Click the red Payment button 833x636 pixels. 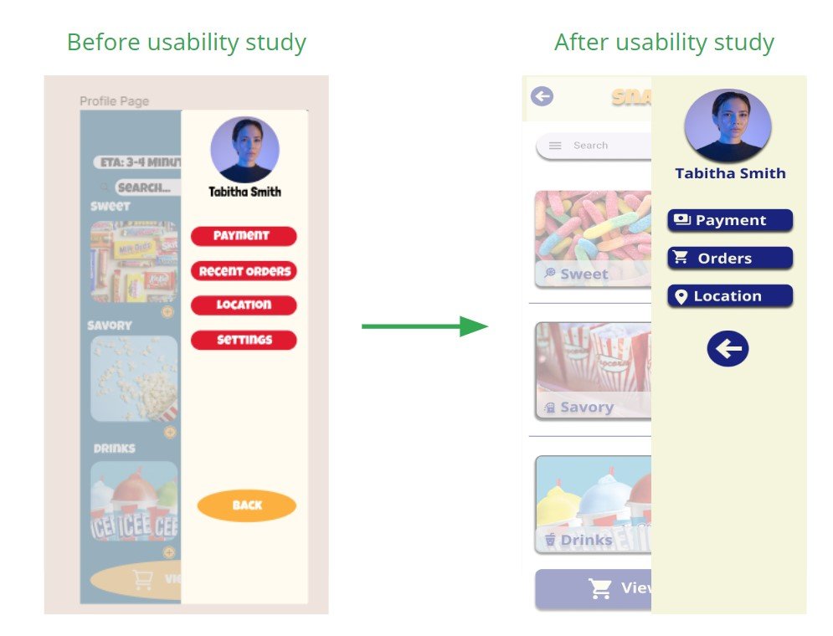pyautogui.click(x=243, y=236)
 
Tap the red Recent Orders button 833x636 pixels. pyautogui.click(x=244, y=271)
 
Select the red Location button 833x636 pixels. pyautogui.click(x=244, y=305)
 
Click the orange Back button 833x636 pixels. pyautogui.click(x=247, y=505)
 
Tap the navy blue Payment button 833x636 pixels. pyautogui.click(x=730, y=220)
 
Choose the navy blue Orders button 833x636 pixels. pyautogui.click(x=730, y=258)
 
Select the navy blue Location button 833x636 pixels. pyautogui.click(x=730, y=296)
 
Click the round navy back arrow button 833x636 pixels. pyautogui.click(x=728, y=349)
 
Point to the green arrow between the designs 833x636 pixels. pyautogui.click(x=424, y=326)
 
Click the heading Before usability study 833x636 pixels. pyautogui.click(x=186, y=43)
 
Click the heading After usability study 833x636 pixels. pyautogui.click(x=664, y=43)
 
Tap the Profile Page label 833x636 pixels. pyautogui.click(x=115, y=101)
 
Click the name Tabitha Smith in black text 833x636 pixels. pyautogui.click(x=244, y=192)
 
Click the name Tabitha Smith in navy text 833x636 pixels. pyautogui.click(x=730, y=174)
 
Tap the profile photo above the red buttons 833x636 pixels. pyautogui.click(x=244, y=149)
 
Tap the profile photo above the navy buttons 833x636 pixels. pyautogui.click(x=728, y=126)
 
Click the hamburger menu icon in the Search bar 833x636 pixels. pyautogui.click(x=555, y=146)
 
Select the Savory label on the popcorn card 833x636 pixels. pyautogui.click(x=586, y=408)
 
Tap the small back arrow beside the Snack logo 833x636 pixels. pyautogui.click(x=542, y=96)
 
